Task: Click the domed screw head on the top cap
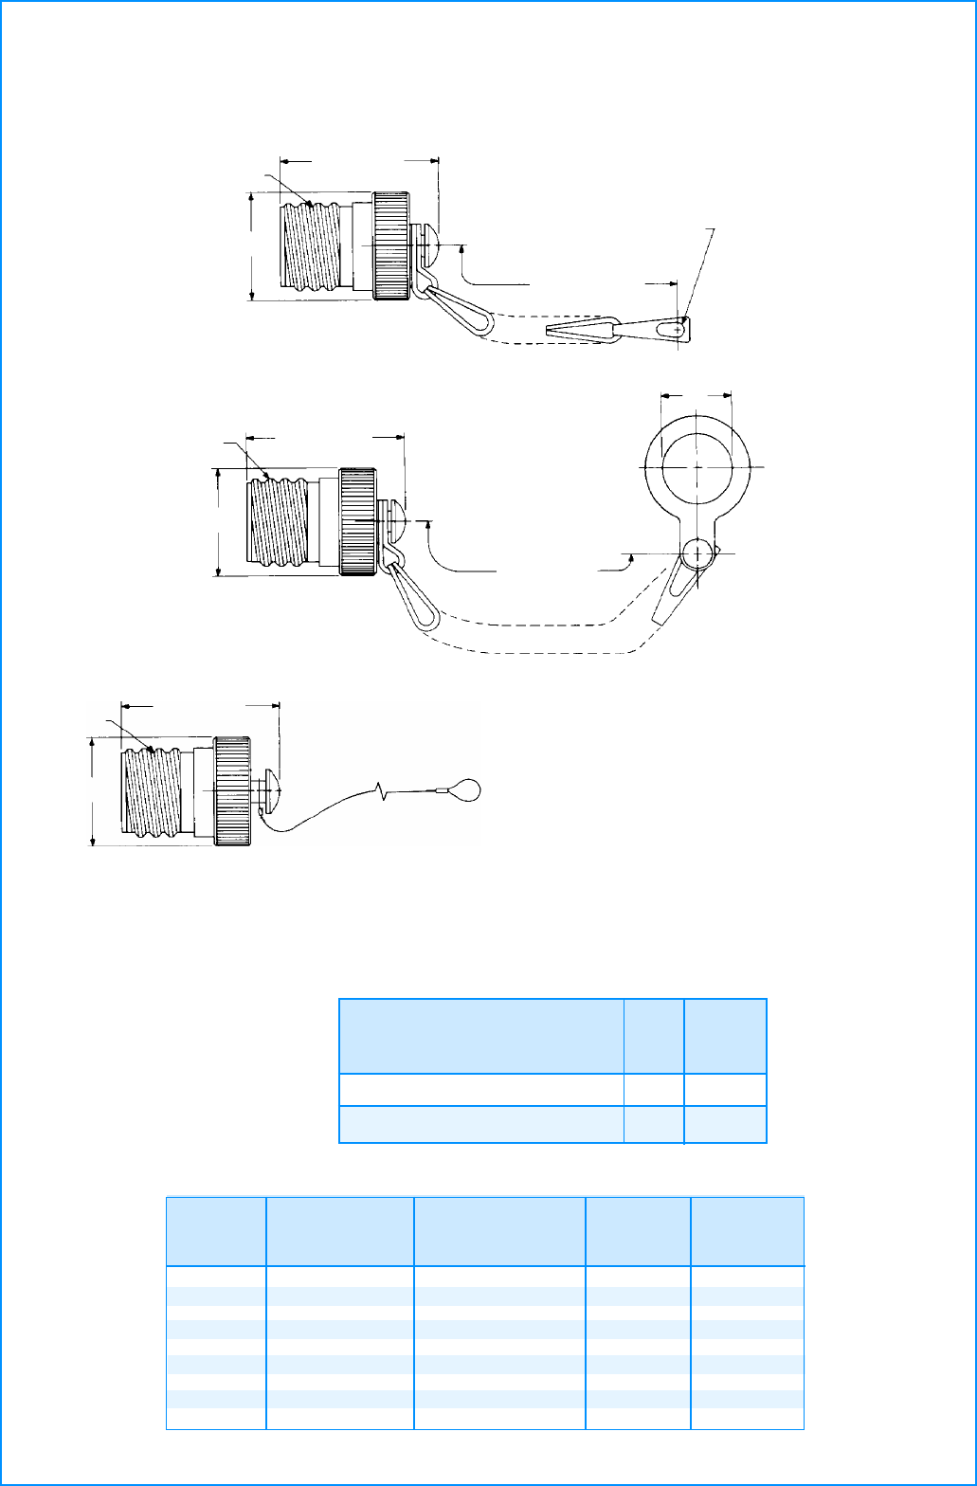click(427, 245)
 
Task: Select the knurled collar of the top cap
click(390, 246)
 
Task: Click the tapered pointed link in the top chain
click(580, 331)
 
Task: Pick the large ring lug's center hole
click(697, 466)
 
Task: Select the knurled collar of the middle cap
click(357, 521)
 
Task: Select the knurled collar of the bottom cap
click(231, 790)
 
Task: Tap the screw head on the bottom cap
click(270, 789)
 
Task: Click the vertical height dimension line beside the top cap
click(252, 246)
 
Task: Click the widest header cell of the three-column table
click(481, 1036)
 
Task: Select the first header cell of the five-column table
click(216, 1231)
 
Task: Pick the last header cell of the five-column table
click(747, 1231)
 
